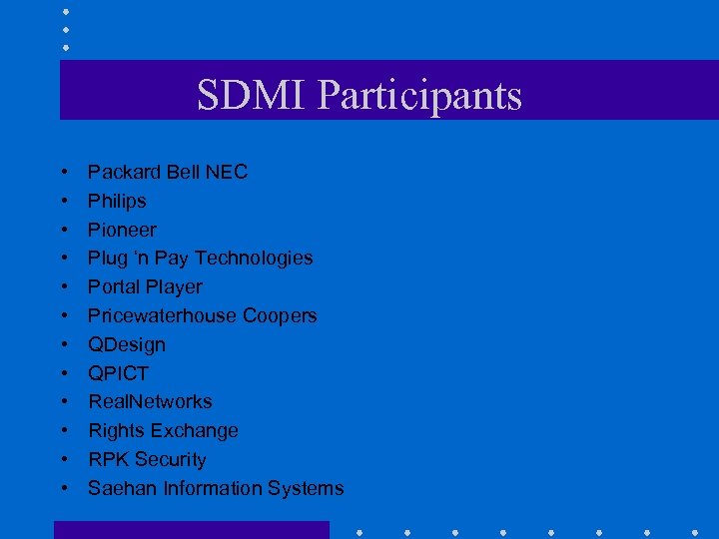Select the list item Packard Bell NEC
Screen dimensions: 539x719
pos(168,172)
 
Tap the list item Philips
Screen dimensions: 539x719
pos(117,201)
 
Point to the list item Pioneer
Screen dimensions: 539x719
pos(122,230)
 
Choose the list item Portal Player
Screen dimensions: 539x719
pos(145,286)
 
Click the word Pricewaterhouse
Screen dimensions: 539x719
pos(164,315)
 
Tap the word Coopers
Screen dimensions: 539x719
pos(281,315)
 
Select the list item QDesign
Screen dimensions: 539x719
pos(127,344)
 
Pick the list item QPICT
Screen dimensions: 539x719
pos(118,373)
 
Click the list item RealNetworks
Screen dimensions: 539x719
pos(150,401)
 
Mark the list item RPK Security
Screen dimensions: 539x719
pos(147,459)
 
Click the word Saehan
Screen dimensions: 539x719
pos(122,488)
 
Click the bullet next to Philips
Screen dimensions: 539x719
pos(64,201)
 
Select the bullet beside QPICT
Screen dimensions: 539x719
pos(64,373)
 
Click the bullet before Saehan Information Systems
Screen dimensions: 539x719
pos(64,488)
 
